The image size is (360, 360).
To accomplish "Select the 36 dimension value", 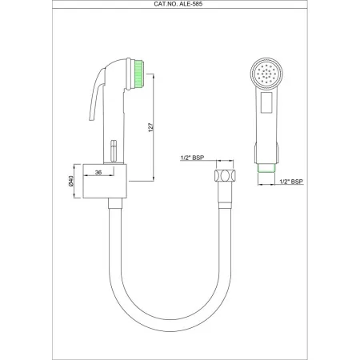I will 98,171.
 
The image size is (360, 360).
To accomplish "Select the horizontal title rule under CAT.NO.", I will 180,10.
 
